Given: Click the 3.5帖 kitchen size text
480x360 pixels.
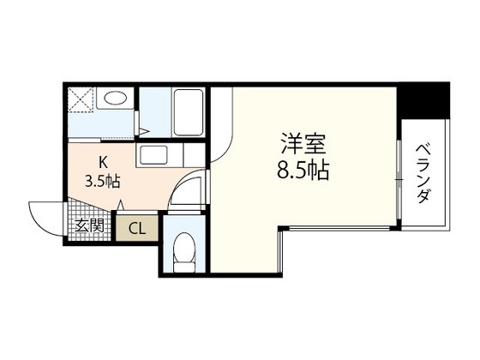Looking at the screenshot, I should point(101,181).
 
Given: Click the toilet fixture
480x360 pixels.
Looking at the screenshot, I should point(183,251).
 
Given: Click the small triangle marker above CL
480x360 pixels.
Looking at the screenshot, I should point(121,206).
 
